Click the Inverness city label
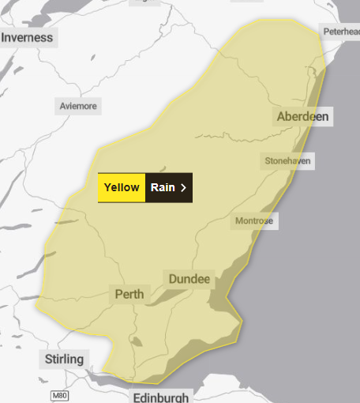click(27, 37)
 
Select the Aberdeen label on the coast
click(302, 117)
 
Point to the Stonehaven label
click(288, 161)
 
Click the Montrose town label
click(254, 221)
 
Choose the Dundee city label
click(189, 279)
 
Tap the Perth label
click(129, 295)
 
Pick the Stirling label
click(64, 360)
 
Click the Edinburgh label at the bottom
click(161, 397)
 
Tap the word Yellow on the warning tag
click(122, 187)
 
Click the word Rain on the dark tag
click(163, 187)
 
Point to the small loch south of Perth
click(136, 343)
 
